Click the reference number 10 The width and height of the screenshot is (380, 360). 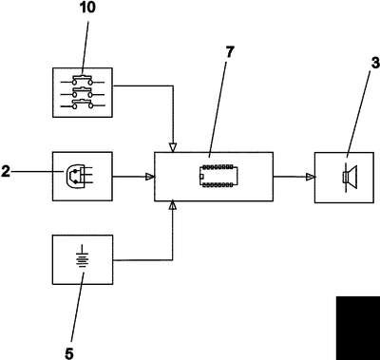87,7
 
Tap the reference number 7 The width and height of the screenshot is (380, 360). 229,52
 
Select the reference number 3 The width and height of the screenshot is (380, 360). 375,63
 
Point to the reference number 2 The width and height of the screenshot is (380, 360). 5,172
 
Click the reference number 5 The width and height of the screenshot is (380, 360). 69,353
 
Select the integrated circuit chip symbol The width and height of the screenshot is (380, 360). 218,176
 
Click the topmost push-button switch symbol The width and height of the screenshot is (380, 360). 83,80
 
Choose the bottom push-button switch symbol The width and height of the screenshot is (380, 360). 83,104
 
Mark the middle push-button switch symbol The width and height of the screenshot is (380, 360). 83,92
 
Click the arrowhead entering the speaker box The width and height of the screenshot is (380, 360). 311,177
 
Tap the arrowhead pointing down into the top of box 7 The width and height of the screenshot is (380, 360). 173,147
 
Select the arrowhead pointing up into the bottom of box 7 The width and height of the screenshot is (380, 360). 173,205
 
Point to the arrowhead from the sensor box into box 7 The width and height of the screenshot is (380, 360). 150,177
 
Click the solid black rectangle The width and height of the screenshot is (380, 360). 358,328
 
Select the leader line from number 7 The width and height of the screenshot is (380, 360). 218,108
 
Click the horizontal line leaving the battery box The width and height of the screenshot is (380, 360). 142,260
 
